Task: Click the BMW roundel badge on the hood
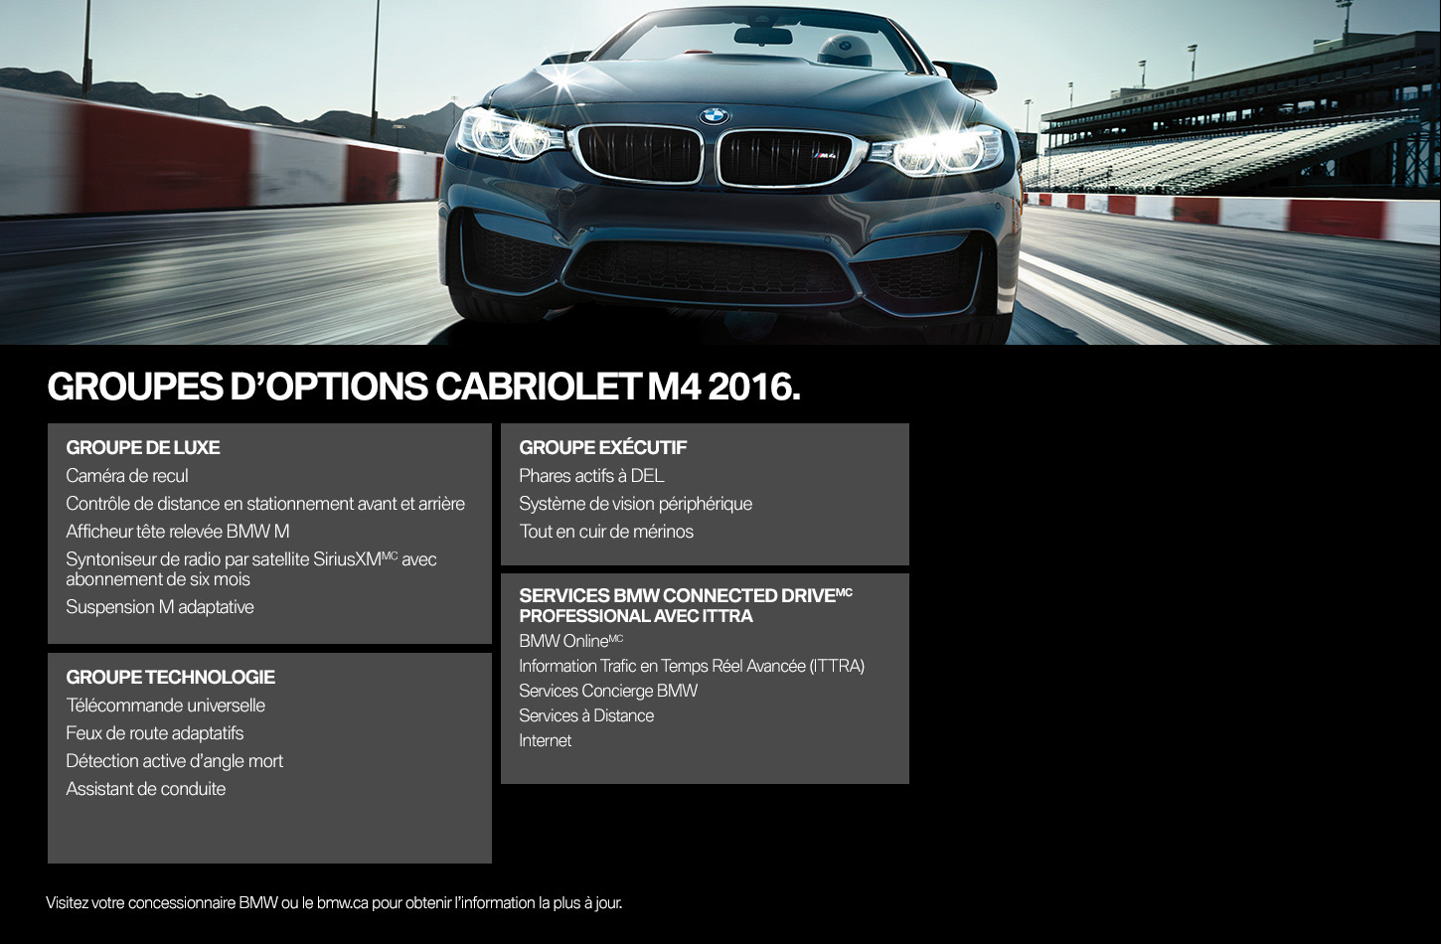[x=715, y=116]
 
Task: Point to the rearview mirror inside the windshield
[x=763, y=36]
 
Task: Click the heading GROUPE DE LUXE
[x=143, y=447]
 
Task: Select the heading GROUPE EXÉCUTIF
[x=603, y=447]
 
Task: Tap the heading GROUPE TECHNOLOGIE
[x=171, y=677]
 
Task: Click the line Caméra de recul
[x=127, y=476]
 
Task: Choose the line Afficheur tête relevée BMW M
[x=178, y=532]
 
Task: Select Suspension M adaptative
[x=160, y=607]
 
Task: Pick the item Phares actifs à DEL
[x=591, y=476]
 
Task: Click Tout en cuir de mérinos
[x=606, y=532]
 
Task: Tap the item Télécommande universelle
[x=165, y=706]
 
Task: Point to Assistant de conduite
[x=146, y=789]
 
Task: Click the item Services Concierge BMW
[x=608, y=691]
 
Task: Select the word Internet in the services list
[x=545, y=741]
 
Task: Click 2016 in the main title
[x=754, y=387]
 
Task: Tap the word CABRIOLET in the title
[x=537, y=387]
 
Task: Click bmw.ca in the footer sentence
[x=342, y=903]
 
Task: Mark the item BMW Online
[x=570, y=641]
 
